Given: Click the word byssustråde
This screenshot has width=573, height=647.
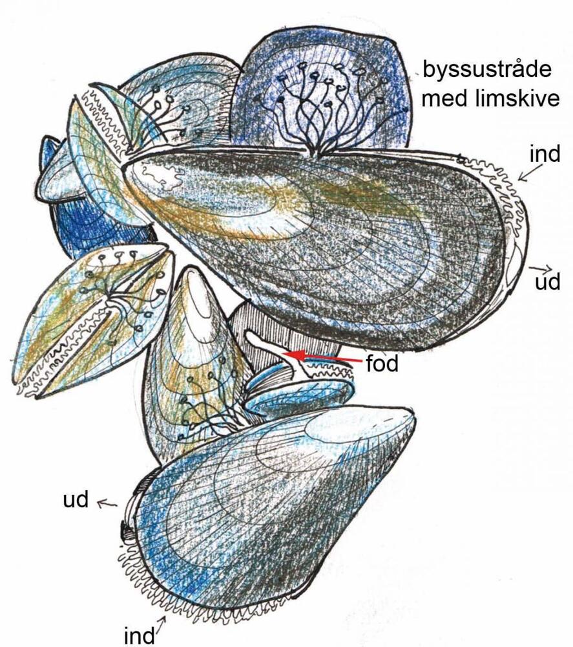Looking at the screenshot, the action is (x=487, y=69).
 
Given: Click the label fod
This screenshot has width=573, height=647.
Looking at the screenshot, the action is (x=382, y=364).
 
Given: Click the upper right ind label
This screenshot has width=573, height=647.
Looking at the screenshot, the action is (x=545, y=153).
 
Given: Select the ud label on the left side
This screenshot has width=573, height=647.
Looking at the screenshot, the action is (x=76, y=499).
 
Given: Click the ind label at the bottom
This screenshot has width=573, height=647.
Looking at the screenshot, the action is (x=140, y=635).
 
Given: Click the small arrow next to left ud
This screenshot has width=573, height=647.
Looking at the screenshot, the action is (x=107, y=503).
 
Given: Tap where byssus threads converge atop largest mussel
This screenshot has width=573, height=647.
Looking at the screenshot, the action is (x=315, y=153).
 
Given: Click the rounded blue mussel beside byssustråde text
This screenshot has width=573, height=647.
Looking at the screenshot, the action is (x=321, y=91).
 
